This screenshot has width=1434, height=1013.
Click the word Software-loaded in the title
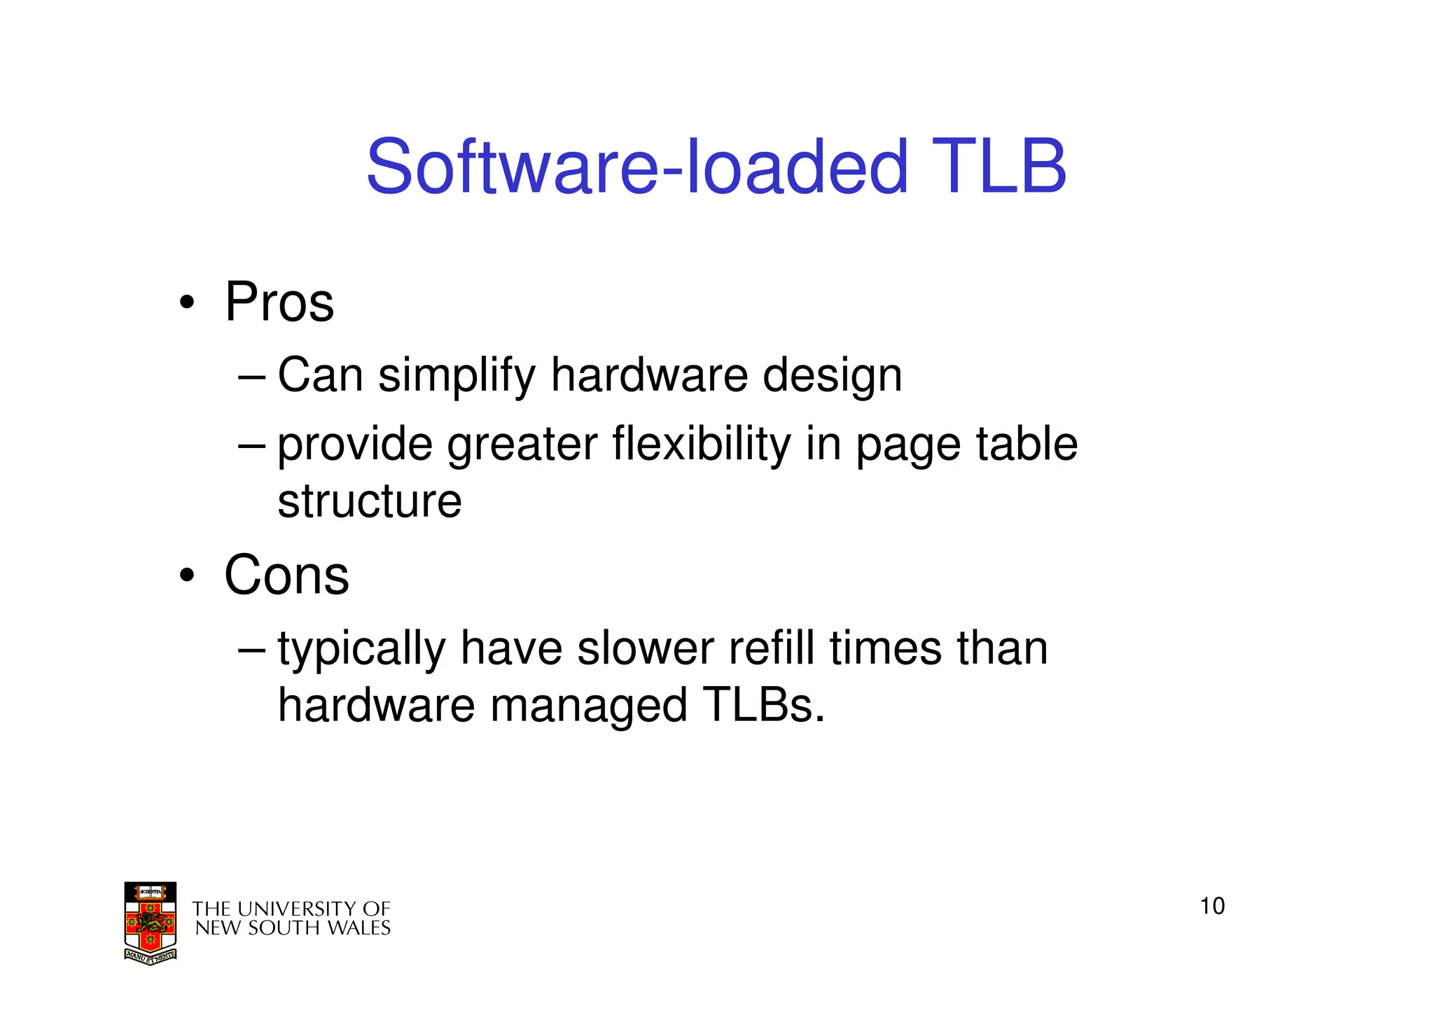pos(636,167)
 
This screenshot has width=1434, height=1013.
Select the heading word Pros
pos(279,302)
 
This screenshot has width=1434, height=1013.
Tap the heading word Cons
pos(286,575)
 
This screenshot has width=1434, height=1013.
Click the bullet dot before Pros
pos(186,304)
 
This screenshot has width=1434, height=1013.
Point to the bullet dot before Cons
pos(186,576)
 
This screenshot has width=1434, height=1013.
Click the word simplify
pos(457,376)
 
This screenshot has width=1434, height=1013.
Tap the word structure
pos(370,501)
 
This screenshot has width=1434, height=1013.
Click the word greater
pos(523,445)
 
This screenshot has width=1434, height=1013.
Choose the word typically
pos(361,649)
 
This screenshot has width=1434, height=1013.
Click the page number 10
pos(1212,906)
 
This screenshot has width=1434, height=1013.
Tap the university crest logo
pos(150,923)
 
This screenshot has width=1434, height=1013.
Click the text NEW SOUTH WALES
pos(293,928)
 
